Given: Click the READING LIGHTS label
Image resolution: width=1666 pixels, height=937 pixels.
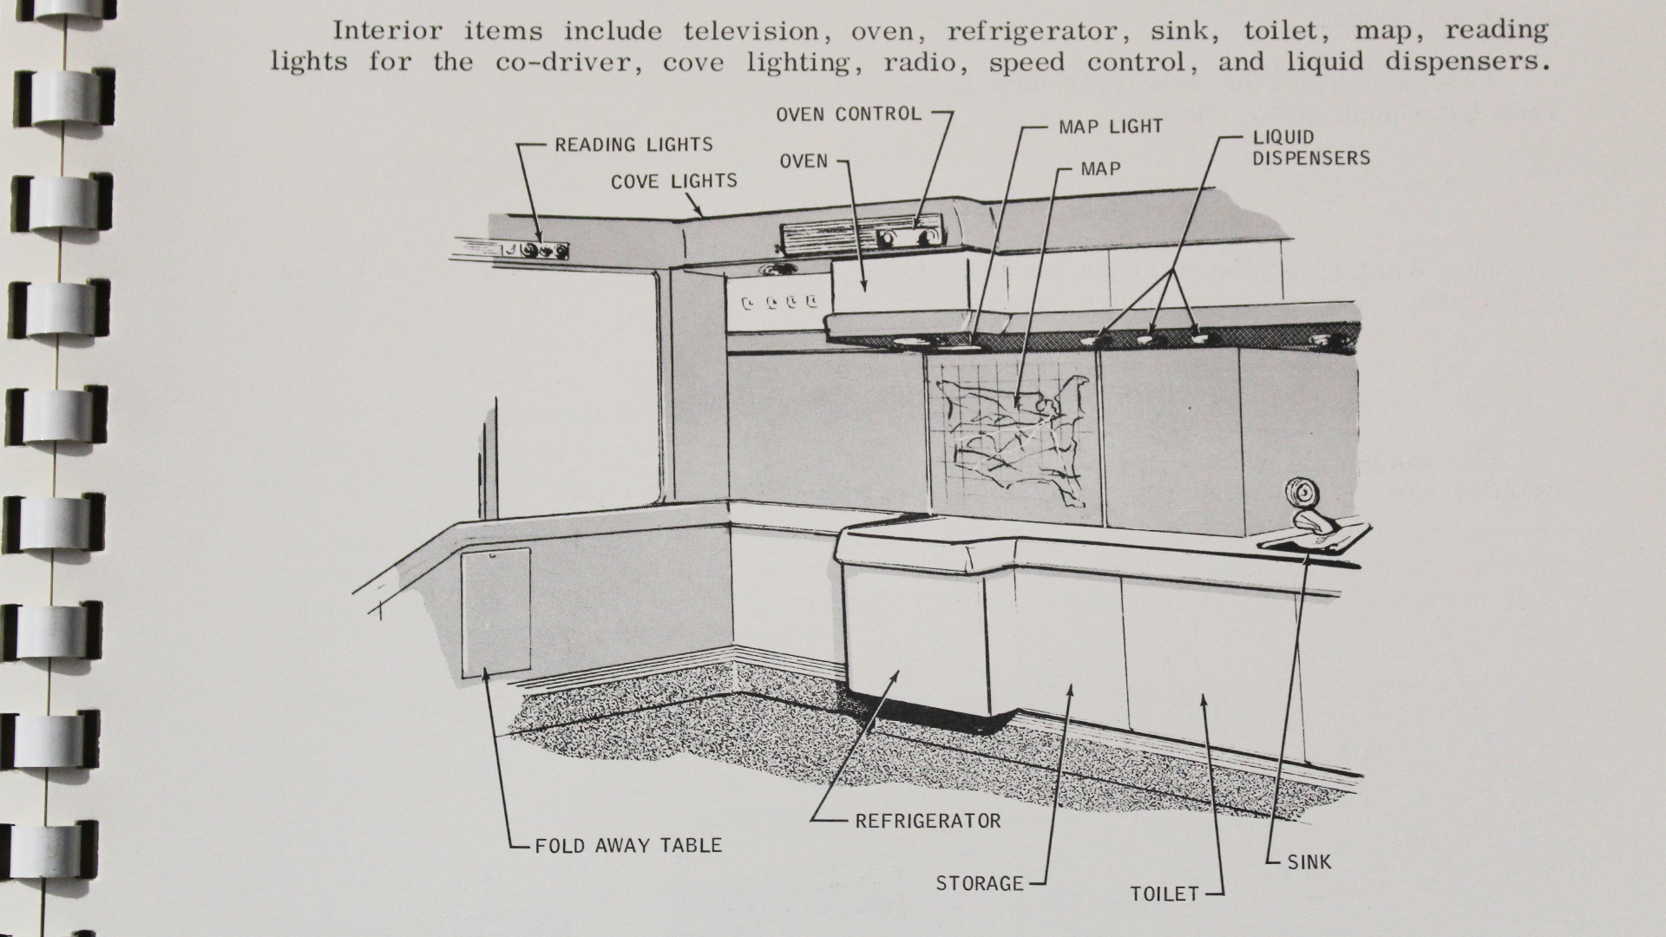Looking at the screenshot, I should click(633, 145).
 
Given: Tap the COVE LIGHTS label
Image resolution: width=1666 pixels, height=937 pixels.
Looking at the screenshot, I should click(673, 181).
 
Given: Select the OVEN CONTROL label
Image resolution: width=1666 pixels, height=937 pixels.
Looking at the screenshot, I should click(849, 114).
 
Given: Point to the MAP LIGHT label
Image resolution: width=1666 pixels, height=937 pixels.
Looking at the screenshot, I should click(1110, 127).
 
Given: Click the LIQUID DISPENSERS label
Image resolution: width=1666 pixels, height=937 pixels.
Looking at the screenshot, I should click(1310, 147).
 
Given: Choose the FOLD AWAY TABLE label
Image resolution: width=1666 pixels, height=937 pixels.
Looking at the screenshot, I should click(628, 845).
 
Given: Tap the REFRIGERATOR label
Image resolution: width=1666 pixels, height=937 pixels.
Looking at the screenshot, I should click(928, 820).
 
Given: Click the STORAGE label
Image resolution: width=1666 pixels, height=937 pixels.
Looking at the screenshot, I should click(980, 883).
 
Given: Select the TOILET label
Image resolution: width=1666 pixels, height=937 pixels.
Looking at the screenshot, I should click(1164, 894).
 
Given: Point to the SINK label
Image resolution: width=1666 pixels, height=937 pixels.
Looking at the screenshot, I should click(1309, 862).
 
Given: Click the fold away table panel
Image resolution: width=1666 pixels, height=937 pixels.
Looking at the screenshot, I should click(495, 612).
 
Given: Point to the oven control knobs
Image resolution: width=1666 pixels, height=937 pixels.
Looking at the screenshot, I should click(908, 237).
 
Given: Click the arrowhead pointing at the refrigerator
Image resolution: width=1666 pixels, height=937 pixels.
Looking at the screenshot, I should click(895, 674).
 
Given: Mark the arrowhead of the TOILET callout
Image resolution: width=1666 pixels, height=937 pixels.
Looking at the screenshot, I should click(1204, 698).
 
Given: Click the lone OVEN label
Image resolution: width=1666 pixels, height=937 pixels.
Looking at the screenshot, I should click(803, 161).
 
